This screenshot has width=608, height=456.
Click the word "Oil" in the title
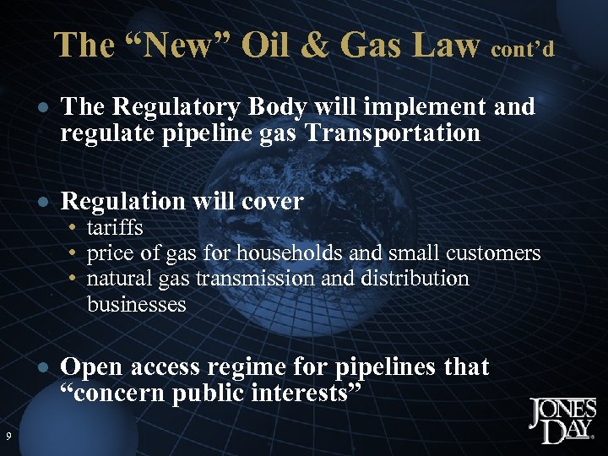pos(272,46)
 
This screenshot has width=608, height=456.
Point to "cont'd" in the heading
pos(523,50)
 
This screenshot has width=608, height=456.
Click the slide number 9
pos(8,436)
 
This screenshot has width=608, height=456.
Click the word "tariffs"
pos(115,228)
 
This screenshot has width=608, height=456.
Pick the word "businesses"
pos(136,304)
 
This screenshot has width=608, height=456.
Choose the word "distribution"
pos(410,278)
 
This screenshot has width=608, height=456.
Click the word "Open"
pos(90,367)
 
